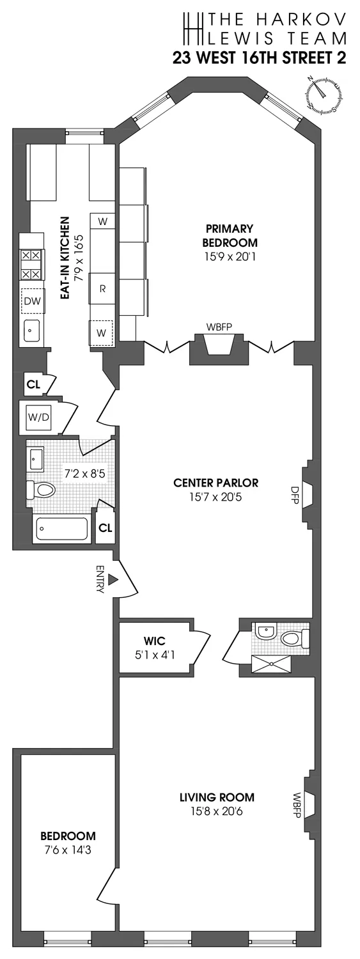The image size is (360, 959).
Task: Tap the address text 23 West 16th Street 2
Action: coord(259,58)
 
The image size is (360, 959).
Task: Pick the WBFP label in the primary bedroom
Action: coord(219,327)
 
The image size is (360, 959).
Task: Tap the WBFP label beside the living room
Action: coord(297,802)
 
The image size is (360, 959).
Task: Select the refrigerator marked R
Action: coord(102,288)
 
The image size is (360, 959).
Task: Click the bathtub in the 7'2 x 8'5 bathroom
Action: coord(61,528)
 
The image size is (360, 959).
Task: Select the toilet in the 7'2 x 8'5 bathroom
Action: coord(42,491)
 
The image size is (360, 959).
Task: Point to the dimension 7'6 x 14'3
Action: coord(68,849)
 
